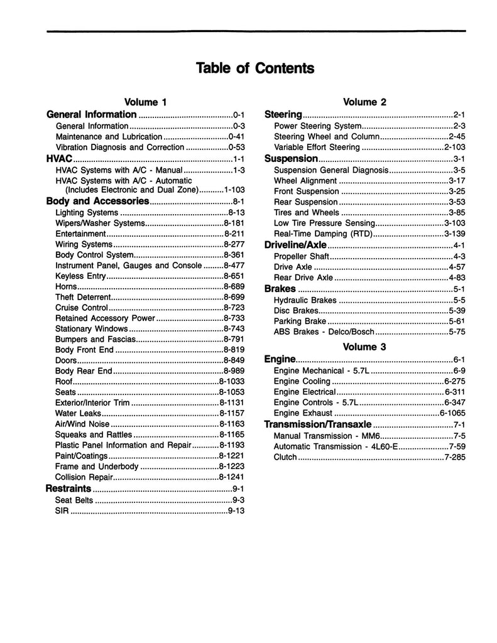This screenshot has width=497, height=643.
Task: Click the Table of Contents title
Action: (254, 68)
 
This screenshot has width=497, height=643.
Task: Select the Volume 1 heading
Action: (145, 102)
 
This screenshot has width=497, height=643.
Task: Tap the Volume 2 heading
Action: (364, 102)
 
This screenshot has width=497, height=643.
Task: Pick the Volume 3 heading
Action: (364, 347)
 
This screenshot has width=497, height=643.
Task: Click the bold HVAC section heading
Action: (60, 159)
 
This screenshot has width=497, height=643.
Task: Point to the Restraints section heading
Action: (68, 489)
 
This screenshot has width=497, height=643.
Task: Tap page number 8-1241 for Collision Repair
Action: (231, 477)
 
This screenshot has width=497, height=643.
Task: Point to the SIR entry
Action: (62, 511)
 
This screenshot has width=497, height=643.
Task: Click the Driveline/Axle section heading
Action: (295, 245)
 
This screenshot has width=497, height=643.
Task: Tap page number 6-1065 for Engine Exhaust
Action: (451, 414)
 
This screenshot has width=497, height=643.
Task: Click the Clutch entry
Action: (285, 457)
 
